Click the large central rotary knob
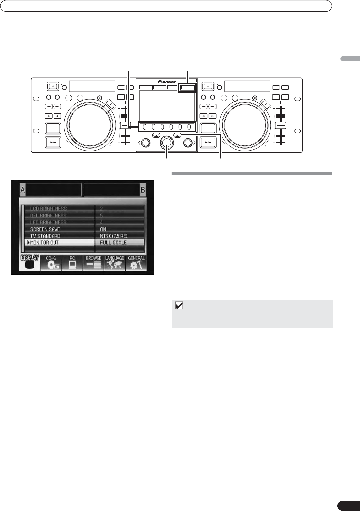(167, 143)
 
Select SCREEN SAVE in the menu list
(45, 229)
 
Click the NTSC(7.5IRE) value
(114, 236)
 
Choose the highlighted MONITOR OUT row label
(44, 243)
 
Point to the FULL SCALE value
(113, 243)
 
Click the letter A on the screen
(23, 190)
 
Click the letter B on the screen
(143, 190)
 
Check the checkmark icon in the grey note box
(179, 306)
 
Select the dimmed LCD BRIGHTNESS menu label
(49, 208)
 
